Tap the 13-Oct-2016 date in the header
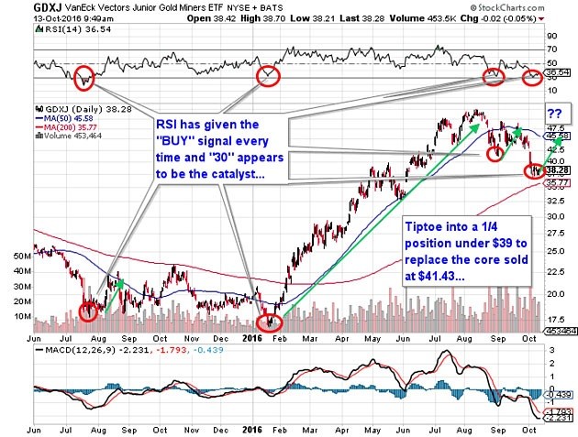point(36,16)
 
